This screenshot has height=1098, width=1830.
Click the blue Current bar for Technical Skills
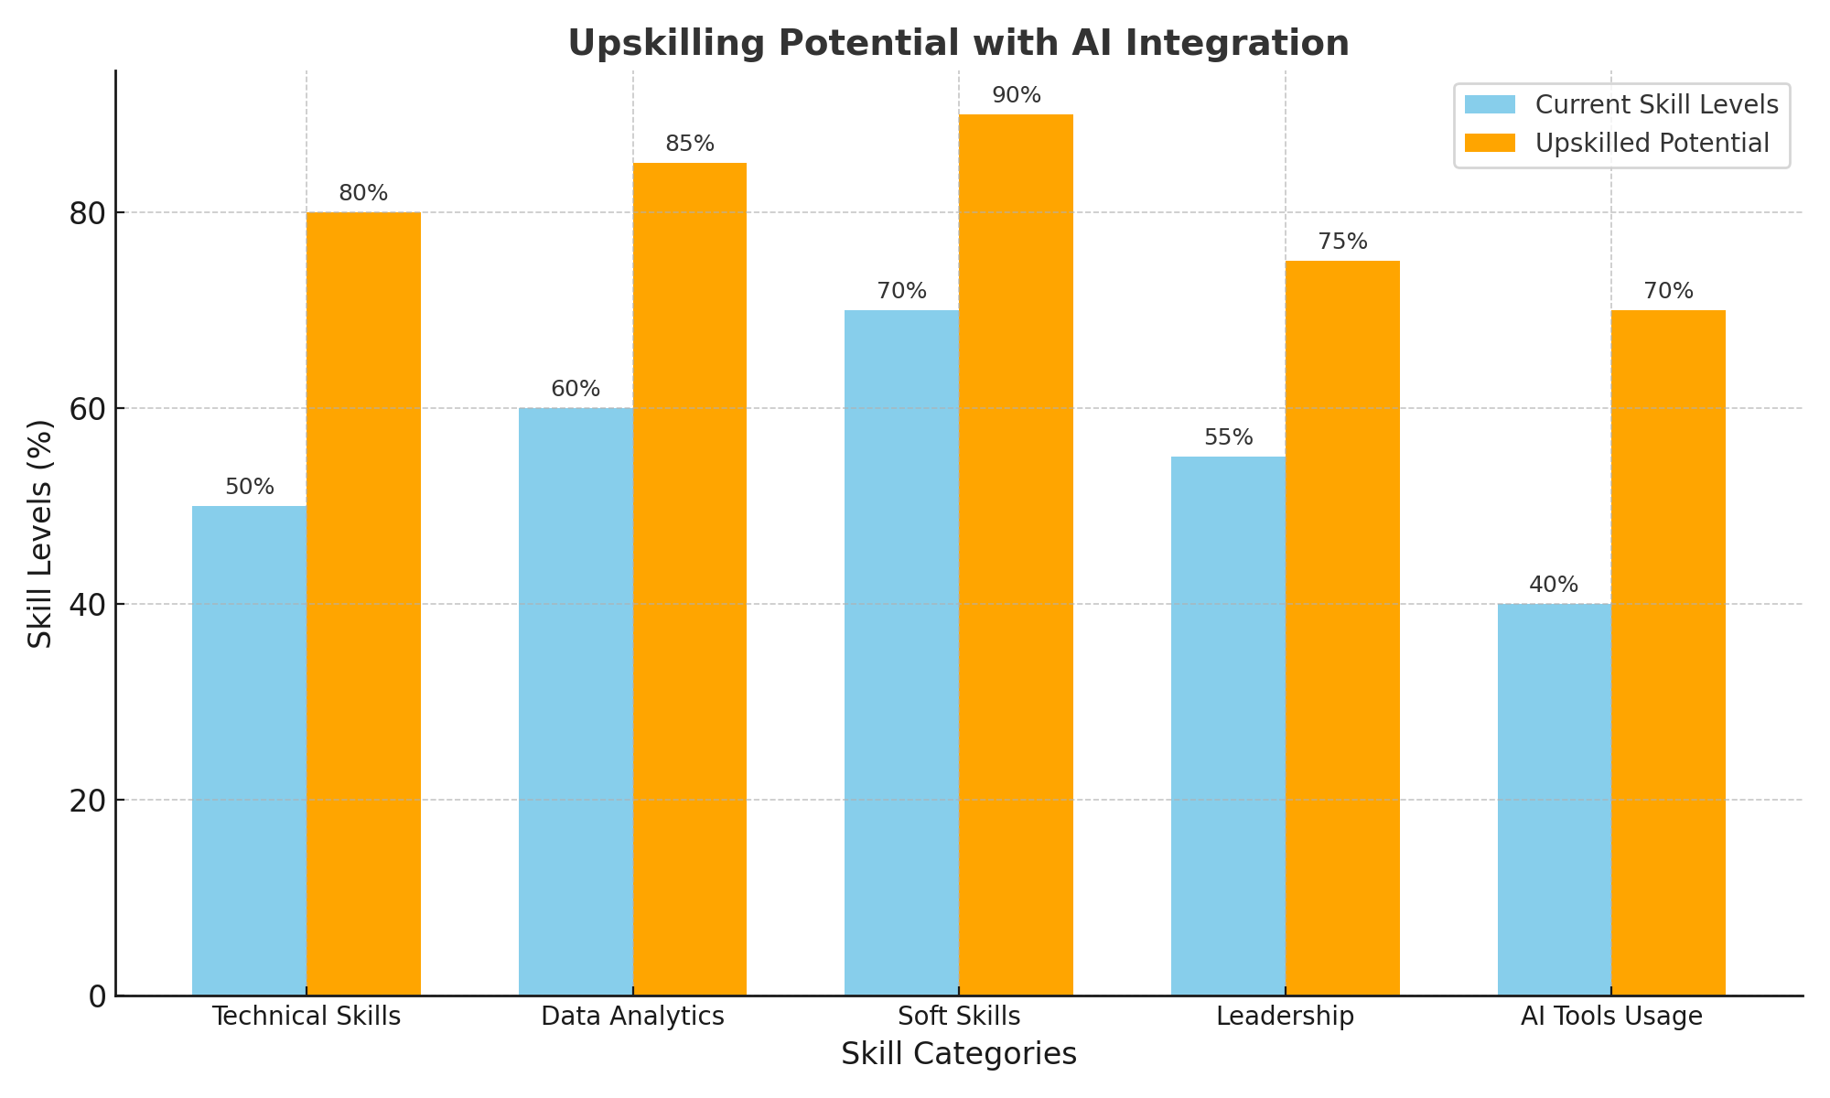pos(249,750)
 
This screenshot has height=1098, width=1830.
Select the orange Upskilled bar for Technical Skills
pos(363,604)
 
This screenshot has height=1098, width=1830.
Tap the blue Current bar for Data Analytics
pos(576,702)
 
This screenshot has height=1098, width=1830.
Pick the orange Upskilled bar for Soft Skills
pos(1016,554)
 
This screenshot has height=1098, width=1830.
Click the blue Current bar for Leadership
pos(1228,726)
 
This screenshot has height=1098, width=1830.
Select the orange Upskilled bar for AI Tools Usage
pos(1668,652)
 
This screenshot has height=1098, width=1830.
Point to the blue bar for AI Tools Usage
pos(1554,799)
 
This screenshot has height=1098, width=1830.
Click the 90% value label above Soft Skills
pos(1016,96)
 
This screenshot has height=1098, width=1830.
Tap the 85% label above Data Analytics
pos(690,145)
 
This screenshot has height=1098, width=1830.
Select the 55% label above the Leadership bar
pos(1228,438)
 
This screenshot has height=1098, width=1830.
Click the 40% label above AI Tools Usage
pos(1554,586)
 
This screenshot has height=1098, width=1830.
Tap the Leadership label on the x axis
pos(1285,1017)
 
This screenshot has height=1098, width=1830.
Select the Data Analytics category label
pos(632,1017)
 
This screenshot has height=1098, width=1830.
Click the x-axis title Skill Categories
pos(958,1055)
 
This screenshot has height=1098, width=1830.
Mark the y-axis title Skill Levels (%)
pos(41,533)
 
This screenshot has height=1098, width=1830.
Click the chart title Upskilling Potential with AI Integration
pos(958,43)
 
